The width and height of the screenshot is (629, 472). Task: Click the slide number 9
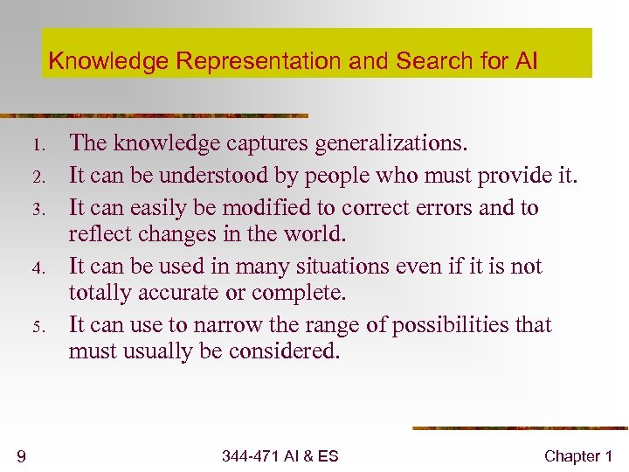click(20, 455)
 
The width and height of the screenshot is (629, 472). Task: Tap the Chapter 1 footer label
click(577, 455)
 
